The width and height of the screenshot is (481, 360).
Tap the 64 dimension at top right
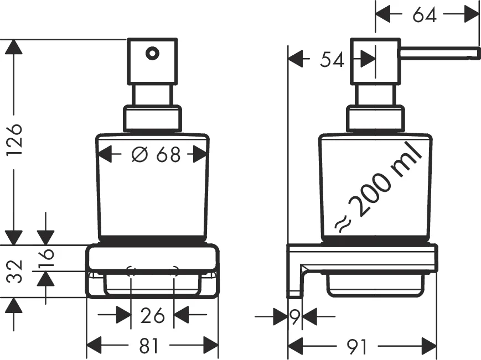coord(425,15)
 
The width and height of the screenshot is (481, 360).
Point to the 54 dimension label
coord(332,59)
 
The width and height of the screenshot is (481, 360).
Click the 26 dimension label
coord(152,316)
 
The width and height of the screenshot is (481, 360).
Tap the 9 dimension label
coord(294,317)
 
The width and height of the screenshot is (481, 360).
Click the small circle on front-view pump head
coord(152,54)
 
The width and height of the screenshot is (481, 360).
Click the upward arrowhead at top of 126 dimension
coord(13,46)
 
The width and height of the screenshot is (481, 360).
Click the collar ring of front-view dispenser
coord(152,118)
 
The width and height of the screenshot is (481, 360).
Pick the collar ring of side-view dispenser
coord(374,118)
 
